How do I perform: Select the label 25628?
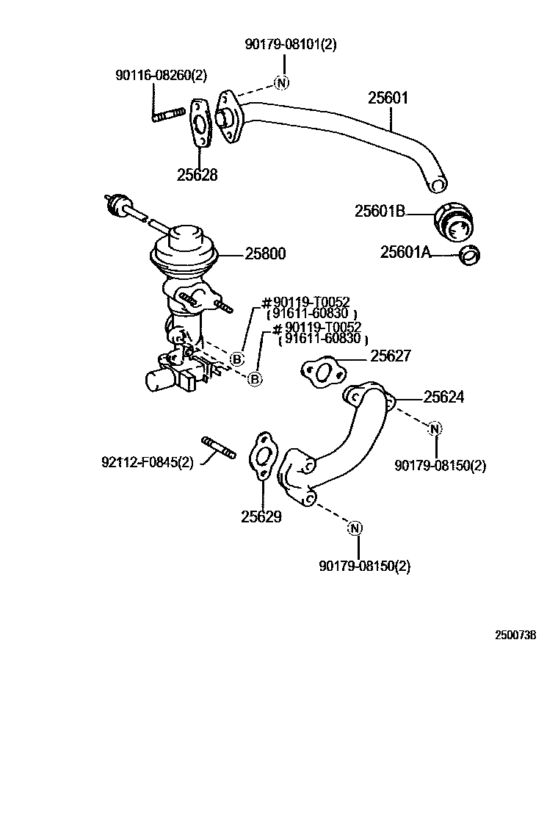[x=197, y=175]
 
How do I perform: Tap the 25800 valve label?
[x=265, y=254]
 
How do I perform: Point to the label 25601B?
[x=380, y=212]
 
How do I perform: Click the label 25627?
[x=391, y=356]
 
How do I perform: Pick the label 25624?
[x=443, y=397]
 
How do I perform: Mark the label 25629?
[x=261, y=517]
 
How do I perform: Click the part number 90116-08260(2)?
[x=162, y=75]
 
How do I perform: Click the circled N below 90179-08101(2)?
[x=282, y=82]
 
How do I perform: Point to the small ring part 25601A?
[x=468, y=255]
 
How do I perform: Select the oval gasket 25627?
[x=321, y=372]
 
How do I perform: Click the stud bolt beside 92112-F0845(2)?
[x=218, y=447]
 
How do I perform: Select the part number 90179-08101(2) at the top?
[x=291, y=44]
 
